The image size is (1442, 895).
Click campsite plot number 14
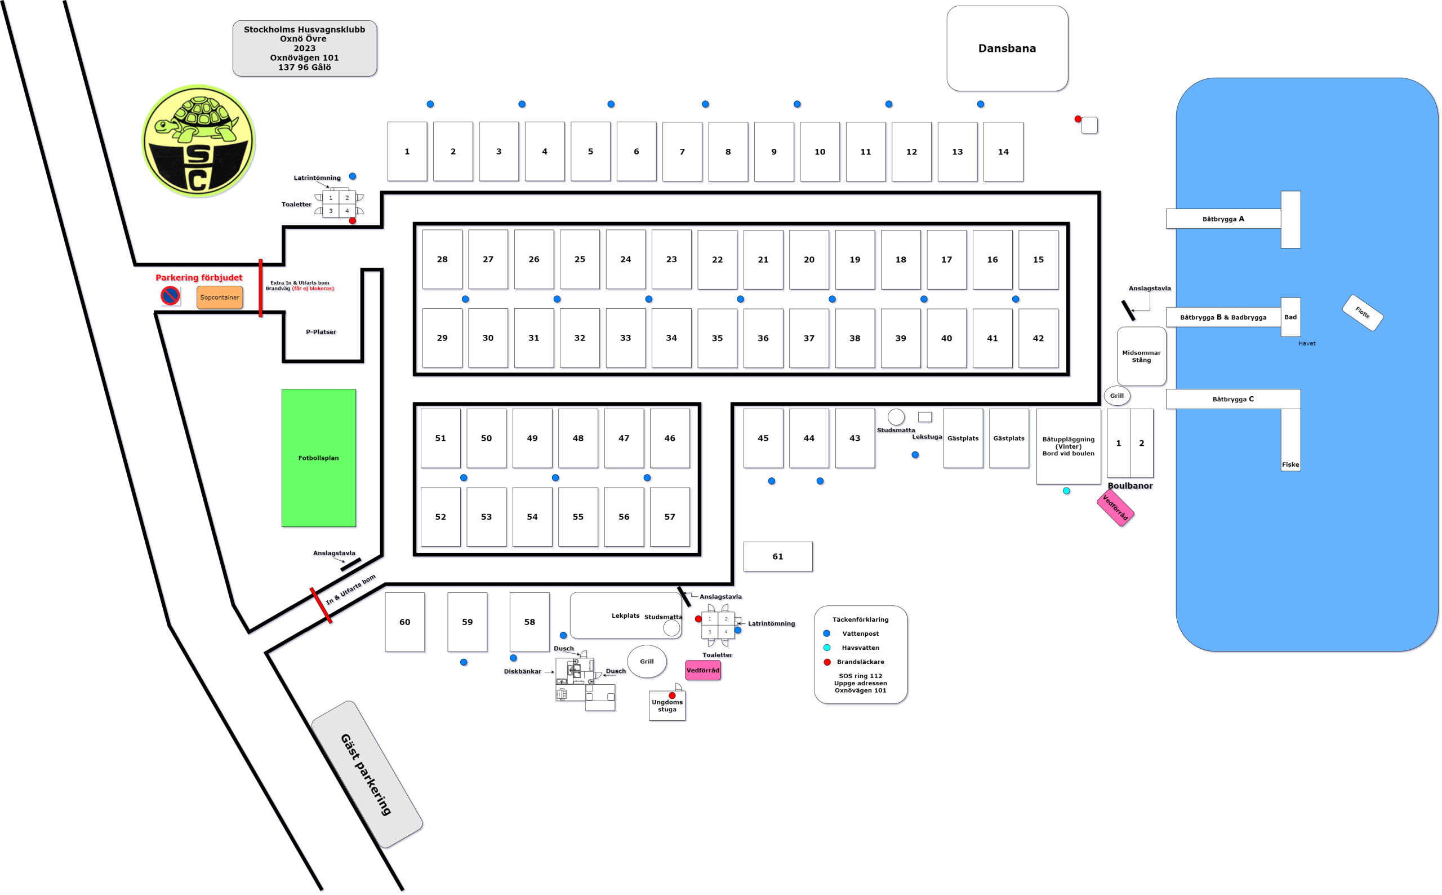coord(1003,152)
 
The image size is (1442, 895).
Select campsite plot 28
coord(442,259)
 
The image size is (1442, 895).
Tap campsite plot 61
coord(778,556)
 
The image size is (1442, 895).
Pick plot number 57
coord(670,517)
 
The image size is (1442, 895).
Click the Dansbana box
coord(1007,48)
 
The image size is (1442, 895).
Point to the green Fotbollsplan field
coord(319,458)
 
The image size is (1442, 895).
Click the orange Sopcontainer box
coord(220,297)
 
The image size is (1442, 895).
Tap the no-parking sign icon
coord(170,295)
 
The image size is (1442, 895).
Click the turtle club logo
coord(198,141)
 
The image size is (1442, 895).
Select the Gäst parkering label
coord(366,774)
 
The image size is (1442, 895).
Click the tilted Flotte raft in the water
coord(1362,313)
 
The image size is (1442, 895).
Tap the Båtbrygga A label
coord(1223,219)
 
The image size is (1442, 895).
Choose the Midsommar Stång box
coord(1142,356)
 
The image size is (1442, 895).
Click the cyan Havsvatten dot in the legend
coord(827,648)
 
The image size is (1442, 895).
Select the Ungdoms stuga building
coord(667,706)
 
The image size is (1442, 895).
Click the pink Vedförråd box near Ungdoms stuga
coord(702,670)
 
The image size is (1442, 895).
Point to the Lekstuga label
coord(927,437)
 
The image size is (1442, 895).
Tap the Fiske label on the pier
coord(1290,464)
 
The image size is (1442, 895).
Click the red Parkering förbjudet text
coord(199,278)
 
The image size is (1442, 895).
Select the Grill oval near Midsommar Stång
coord(1116,396)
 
